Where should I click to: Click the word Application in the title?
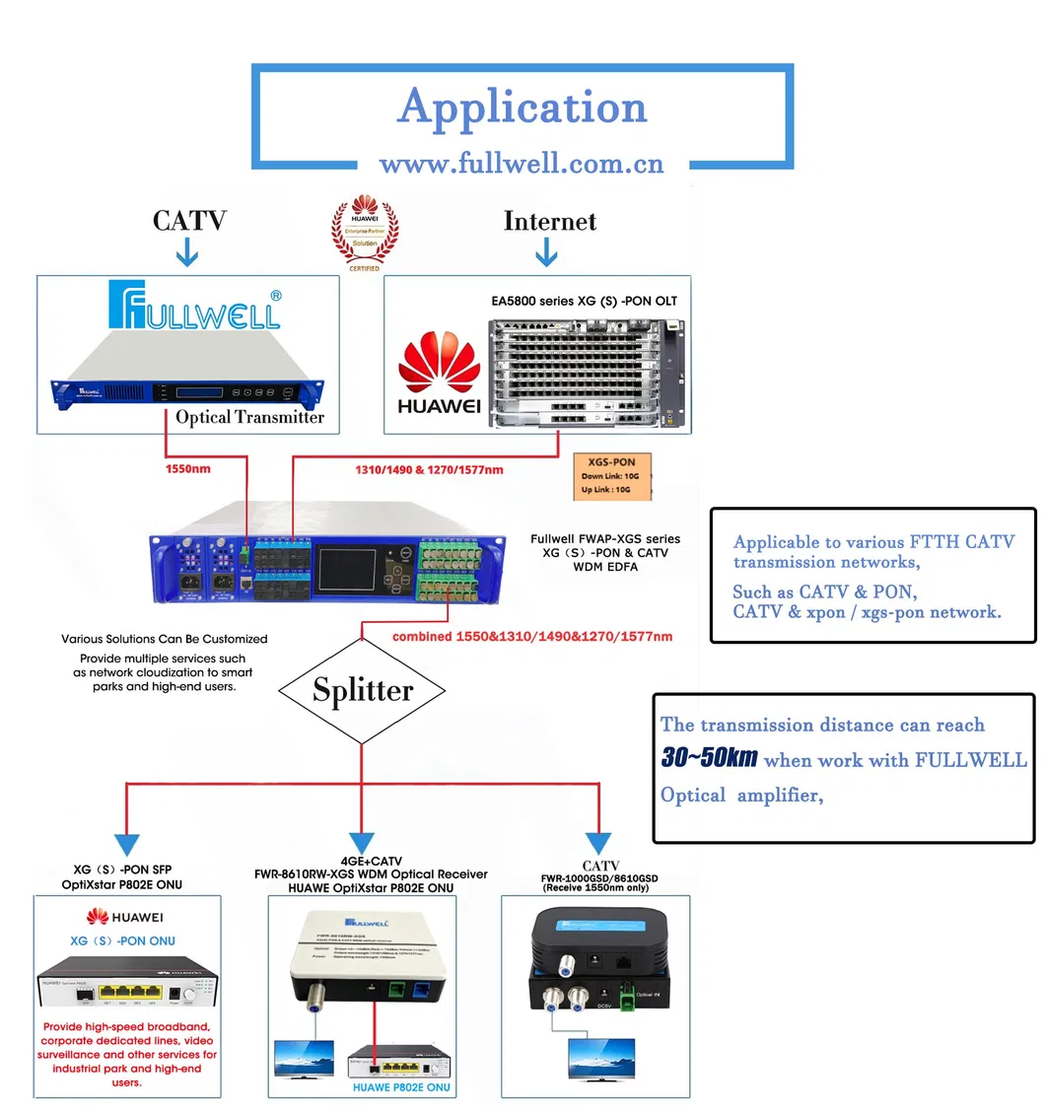pyautogui.click(x=522, y=106)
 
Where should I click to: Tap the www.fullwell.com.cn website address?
pyautogui.click(x=522, y=163)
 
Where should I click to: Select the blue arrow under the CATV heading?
pyautogui.click(x=186, y=255)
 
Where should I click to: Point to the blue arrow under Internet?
pyautogui.click(x=545, y=255)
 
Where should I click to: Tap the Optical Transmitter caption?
pyautogui.click(x=249, y=417)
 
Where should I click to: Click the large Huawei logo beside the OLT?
pyautogui.click(x=439, y=374)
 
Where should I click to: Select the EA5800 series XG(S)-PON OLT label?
pyautogui.click(x=585, y=300)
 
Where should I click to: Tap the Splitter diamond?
pyautogui.click(x=363, y=689)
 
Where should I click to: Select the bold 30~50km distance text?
pyautogui.click(x=709, y=758)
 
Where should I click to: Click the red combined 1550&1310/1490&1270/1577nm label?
pyautogui.click(x=532, y=636)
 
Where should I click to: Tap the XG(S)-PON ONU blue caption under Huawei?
pyautogui.click(x=123, y=940)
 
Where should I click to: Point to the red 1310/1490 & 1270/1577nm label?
pyautogui.click(x=429, y=469)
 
